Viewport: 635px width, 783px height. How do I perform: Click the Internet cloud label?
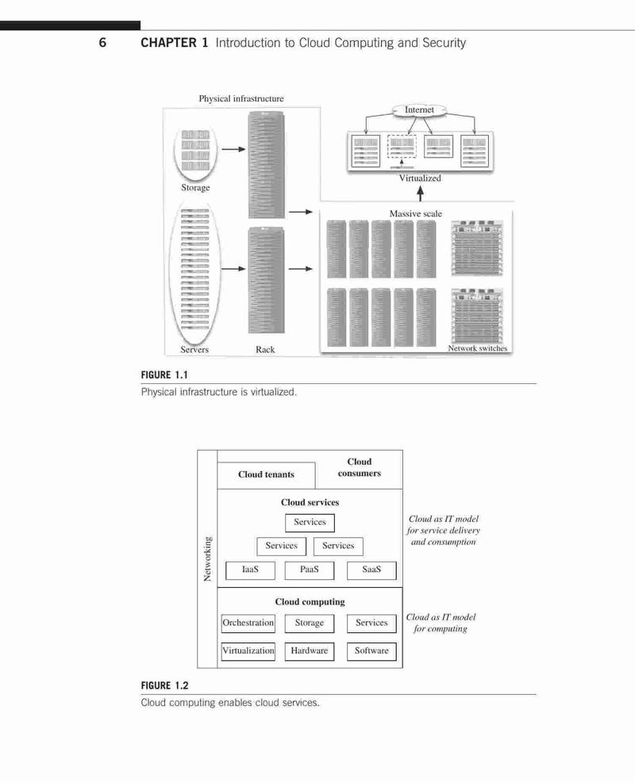coord(419,109)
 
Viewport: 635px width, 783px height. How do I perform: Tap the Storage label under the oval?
coord(195,188)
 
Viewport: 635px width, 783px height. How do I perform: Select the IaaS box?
coord(250,570)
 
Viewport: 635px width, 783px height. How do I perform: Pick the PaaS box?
coord(310,570)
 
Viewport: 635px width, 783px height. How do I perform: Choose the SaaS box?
coord(371,570)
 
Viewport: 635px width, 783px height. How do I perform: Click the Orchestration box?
coord(248,624)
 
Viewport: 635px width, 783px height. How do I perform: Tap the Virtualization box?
coord(248,651)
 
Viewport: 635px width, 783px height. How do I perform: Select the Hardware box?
coord(310,651)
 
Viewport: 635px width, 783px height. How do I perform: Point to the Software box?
coord(371,651)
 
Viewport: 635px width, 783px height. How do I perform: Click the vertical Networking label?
coord(208,559)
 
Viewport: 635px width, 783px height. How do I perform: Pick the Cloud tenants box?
coord(266,475)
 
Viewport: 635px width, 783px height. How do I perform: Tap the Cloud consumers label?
coord(360,467)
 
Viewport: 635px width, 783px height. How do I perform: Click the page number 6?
coord(102,43)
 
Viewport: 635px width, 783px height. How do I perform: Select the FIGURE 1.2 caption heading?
coord(164,685)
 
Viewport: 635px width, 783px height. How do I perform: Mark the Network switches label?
coord(478,348)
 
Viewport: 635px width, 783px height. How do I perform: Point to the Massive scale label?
coord(416,213)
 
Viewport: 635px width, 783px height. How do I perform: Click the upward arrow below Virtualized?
coord(420,194)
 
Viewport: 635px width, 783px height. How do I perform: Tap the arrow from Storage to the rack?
coord(233,149)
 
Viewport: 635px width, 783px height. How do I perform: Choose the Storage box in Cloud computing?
coord(310,624)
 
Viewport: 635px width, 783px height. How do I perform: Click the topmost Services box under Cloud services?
coord(310,523)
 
